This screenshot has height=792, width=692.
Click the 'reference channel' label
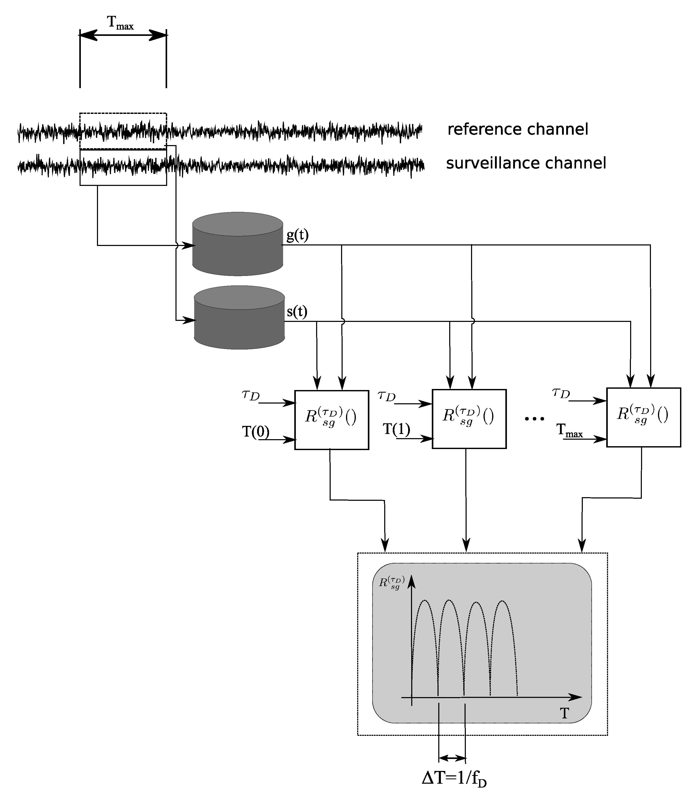point(518,129)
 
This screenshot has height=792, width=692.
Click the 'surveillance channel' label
point(526,163)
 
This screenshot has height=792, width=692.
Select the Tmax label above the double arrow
point(120,23)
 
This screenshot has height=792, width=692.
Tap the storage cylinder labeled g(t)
point(238,244)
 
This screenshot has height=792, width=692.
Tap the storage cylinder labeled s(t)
point(239,318)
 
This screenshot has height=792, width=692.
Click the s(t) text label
point(297,311)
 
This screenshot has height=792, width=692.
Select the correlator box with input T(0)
point(331,420)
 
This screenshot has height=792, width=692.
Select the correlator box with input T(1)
point(469,419)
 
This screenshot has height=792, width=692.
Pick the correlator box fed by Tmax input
point(643,417)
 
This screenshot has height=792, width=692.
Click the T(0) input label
point(256,431)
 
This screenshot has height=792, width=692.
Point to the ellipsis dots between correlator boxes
point(535,418)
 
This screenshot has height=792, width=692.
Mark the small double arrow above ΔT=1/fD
point(452,758)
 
